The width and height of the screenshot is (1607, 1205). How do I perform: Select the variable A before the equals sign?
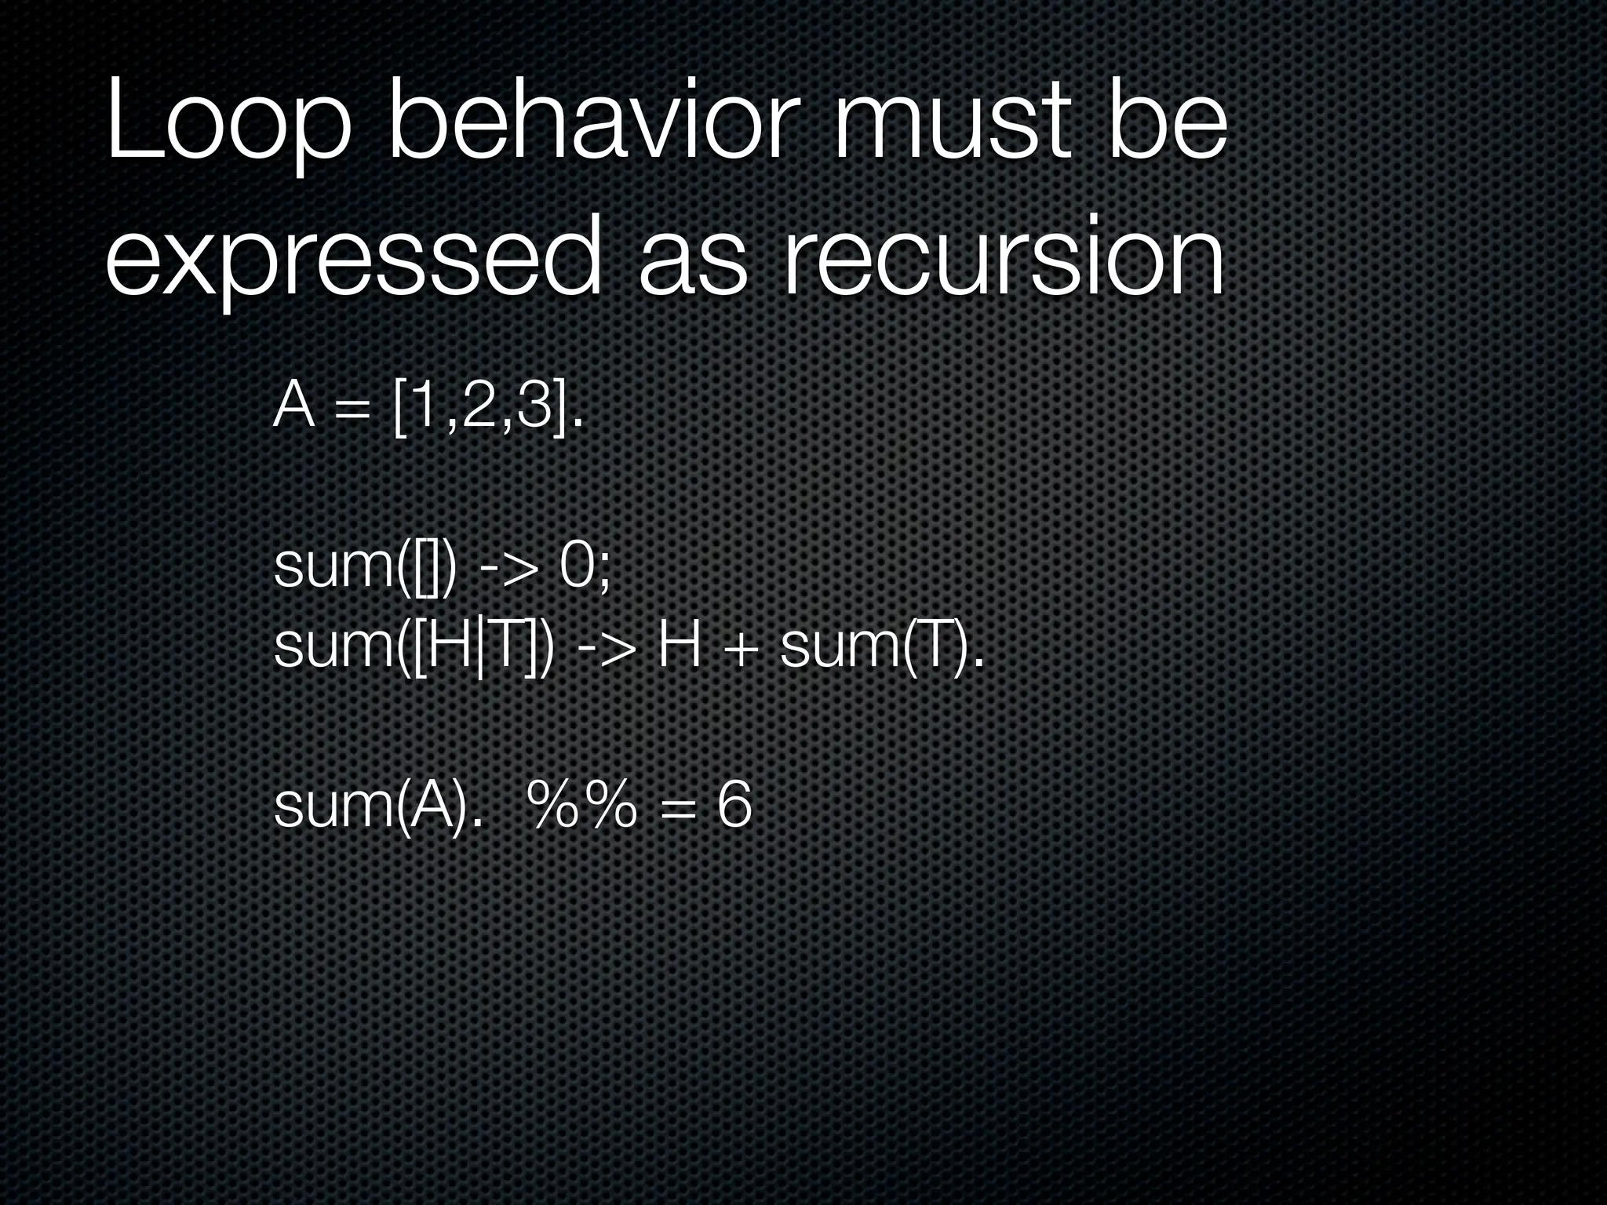pos(294,409)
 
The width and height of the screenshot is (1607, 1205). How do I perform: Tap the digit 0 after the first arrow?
pos(578,566)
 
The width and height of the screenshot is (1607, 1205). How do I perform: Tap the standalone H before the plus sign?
pos(680,648)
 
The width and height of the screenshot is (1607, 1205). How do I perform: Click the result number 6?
pos(734,806)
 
